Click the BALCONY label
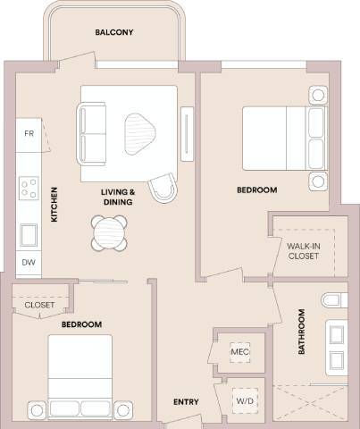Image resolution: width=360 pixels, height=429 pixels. point(114,33)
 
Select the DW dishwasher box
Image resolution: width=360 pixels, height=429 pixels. point(28,263)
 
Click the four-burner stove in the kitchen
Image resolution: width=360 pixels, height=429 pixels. point(29,189)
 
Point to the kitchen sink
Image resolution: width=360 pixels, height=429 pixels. point(29,235)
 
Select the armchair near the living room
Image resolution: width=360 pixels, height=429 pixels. point(163,188)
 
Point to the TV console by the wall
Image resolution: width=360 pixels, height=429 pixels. point(186,134)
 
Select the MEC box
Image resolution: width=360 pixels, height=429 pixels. point(239,351)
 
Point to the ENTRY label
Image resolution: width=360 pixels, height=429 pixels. point(185,402)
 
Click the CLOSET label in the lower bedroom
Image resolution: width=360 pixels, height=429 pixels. point(39,305)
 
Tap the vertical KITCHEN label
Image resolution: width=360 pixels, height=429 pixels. point(54,205)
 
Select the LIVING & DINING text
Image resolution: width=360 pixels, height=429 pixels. point(118,197)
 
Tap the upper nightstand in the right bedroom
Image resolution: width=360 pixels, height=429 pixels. point(318,96)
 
